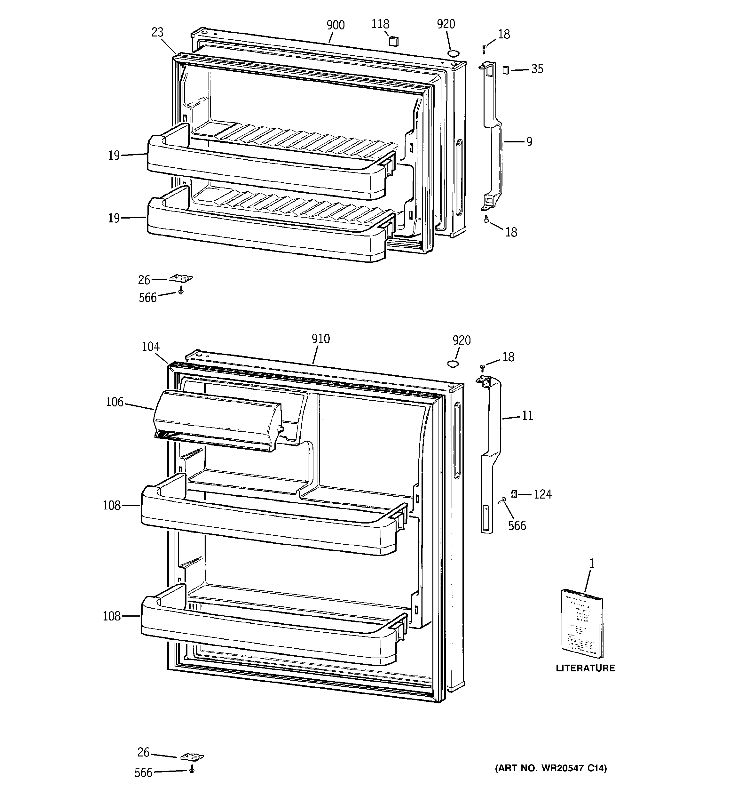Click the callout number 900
[335, 25]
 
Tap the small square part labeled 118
[393, 41]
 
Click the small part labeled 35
[506, 70]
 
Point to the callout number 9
[529, 141]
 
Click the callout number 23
[157, 32]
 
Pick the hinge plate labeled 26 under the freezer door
[181, 278]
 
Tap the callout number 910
[320, 339]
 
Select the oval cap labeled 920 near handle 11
[453, 363]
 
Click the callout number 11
[527, 416]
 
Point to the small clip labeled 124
[513, 494]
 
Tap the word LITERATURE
[585, 668]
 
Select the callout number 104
[151, 347]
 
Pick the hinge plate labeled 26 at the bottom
[192, 756]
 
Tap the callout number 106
[114, 402]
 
